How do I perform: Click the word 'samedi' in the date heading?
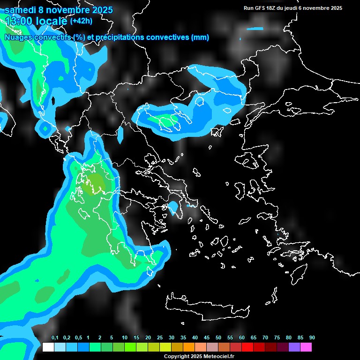[x=20, y=10]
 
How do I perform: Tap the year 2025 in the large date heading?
[x=100, y=10]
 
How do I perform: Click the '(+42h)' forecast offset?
[x=81, y=21]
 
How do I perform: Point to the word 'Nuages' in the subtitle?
[x=18, y=37]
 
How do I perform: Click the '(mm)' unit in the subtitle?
[x=200, y=37]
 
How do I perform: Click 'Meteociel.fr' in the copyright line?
[x=218, y=357]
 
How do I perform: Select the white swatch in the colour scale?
[x=48, y=347]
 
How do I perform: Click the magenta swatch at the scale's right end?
[x=306, y=347]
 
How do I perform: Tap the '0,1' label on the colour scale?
[x=55, y=338]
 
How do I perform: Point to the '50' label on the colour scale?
[x=218, y=338]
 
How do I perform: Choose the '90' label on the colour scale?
[x=312, y=338]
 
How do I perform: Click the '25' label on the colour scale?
[x=160, y=338]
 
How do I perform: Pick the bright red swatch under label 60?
[x=247, y=347]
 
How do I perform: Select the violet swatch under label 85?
[x=294, y=347]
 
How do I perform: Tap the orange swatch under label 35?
[x=189, y=347]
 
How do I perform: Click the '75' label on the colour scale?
[x=277, y=338]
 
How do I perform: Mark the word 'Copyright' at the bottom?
[x=176, y=357]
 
